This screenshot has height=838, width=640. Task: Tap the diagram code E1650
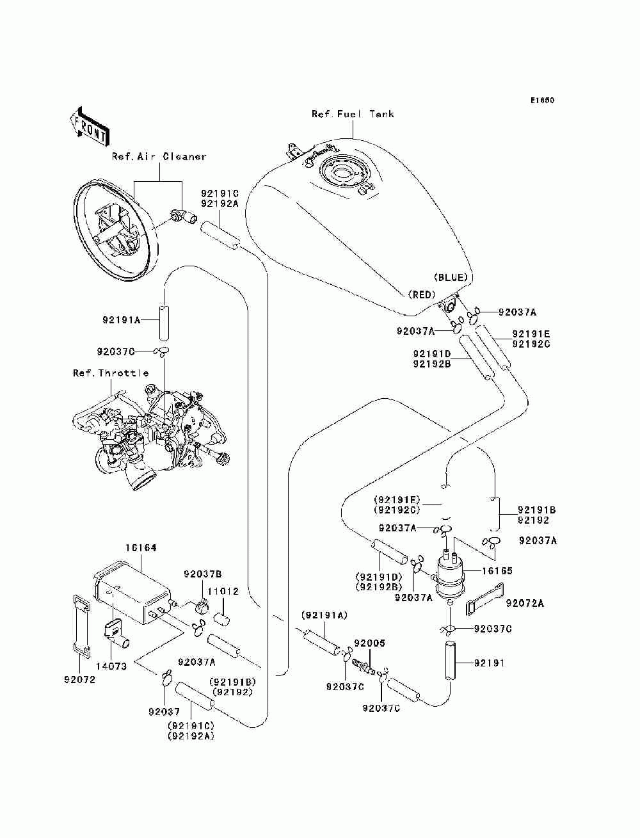click(541, 101)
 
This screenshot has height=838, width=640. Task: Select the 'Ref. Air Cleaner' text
click(159, 156)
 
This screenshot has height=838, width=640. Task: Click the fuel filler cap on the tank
click(342, 174)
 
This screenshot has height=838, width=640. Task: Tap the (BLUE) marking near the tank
click(451, 277)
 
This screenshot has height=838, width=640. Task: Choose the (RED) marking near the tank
click(421, 294)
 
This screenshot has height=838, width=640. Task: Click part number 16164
click(141, 548)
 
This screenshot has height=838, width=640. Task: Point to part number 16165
click(499, 570)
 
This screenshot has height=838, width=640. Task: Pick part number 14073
click(111, 666)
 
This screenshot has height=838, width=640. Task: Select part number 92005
click(369, 643)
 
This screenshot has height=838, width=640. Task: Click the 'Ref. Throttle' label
click(111, 373)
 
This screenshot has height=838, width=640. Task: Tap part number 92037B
click(203, 574)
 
